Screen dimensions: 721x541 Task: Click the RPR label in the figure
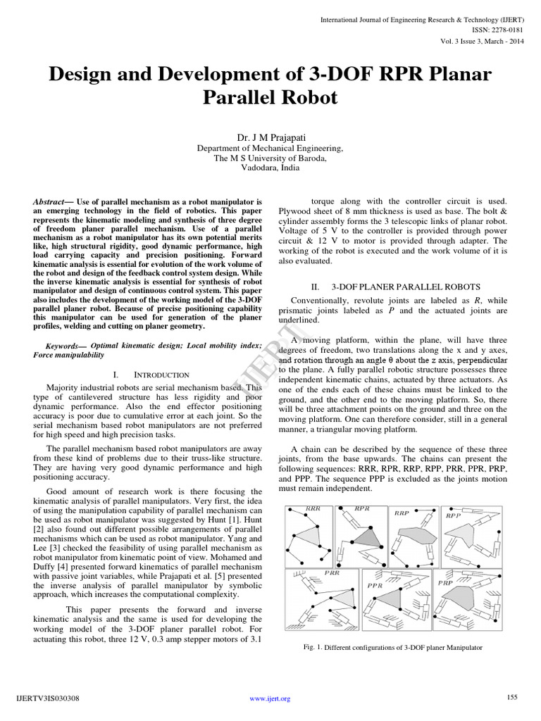(x=362, y=508)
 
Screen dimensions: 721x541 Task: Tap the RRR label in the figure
(x=313, y=508)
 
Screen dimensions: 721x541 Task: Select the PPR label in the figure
(x=375, y=584)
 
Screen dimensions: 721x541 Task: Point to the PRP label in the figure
(x=445, y=583)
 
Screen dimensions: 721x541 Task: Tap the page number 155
(x=512, y=697)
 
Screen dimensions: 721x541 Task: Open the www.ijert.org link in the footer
(x=270, y=698)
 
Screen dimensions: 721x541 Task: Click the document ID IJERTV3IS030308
(x=47, y=698)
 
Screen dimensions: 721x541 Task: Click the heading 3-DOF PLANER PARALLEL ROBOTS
(x=396, y=287)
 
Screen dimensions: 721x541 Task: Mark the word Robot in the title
(x=305, y=97)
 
